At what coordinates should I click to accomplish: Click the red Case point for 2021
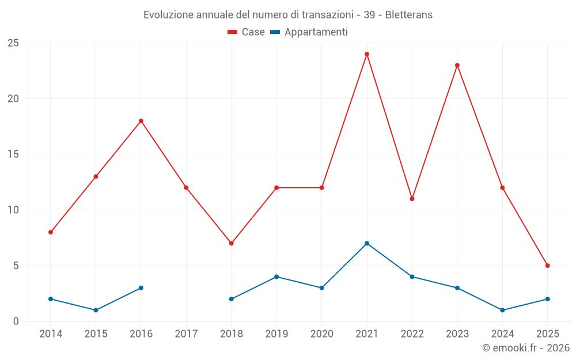(x=367, y=54)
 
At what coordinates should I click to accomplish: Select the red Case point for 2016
(x=141, y=121)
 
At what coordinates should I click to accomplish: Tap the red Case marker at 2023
(x=457, y=65)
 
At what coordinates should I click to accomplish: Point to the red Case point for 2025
(x=548, y=266)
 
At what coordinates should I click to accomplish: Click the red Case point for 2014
(x=51, y=232)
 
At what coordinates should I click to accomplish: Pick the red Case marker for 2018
(x=232, y=243)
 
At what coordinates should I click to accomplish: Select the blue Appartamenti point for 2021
(x=367, y=243)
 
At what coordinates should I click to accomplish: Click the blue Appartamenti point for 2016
(x=141, y=288)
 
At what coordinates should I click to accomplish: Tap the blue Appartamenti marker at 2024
(x=503, y=310)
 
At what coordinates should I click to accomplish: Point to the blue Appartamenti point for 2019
(x=276, y=276)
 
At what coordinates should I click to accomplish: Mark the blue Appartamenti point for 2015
(x=96, y=310)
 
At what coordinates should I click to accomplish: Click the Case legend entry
(x=247, y=32)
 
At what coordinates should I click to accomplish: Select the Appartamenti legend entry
(x=309, y=32)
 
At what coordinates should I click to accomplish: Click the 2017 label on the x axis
(x=186, y=334)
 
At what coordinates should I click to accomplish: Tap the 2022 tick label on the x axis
(x=412, y=334)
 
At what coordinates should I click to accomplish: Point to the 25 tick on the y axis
(x=13, y=43)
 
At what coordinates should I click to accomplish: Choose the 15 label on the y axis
(x=13, y=154)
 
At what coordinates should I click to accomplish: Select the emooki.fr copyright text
(x=525, y=348)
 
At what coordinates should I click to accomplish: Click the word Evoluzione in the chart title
(x=168, y=14)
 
